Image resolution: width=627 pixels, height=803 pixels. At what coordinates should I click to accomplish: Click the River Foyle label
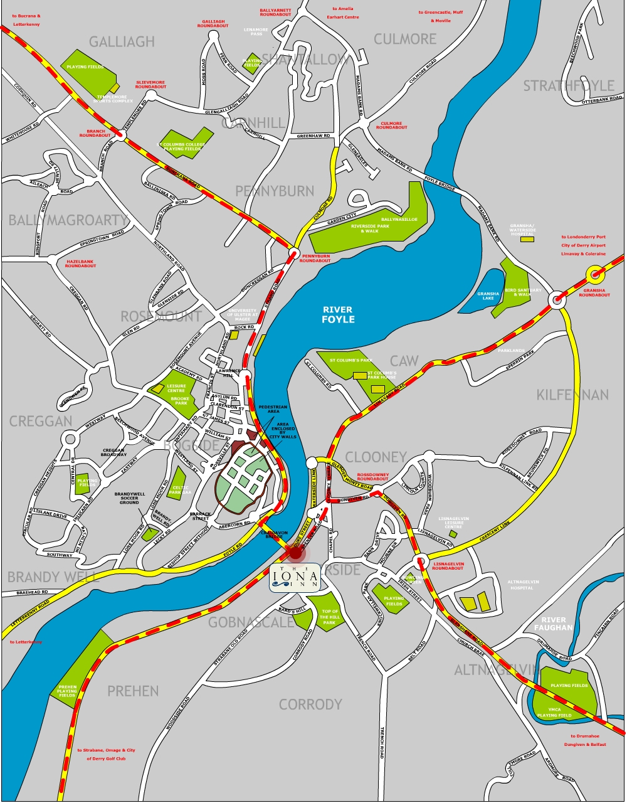coord(339,314)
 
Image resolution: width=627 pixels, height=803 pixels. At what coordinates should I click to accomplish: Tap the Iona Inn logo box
coord(295,577)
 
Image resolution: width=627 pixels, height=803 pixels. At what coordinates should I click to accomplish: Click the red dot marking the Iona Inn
coord(295,551)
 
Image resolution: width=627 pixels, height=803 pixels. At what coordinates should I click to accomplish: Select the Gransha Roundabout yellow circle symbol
coord(594,274)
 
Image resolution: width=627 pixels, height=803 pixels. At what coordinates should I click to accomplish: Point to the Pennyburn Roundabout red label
coord(315,258)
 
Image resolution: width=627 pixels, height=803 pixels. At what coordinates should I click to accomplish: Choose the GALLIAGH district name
coord(122,41)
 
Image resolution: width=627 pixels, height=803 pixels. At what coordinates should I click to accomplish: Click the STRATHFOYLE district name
coord(569,85)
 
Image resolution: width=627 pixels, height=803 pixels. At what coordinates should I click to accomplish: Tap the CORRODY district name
coord(310,704)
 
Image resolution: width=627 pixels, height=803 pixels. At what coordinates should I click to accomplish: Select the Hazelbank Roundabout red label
coord(81,263)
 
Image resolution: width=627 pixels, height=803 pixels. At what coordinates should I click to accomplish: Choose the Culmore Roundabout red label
coord(391,125)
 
